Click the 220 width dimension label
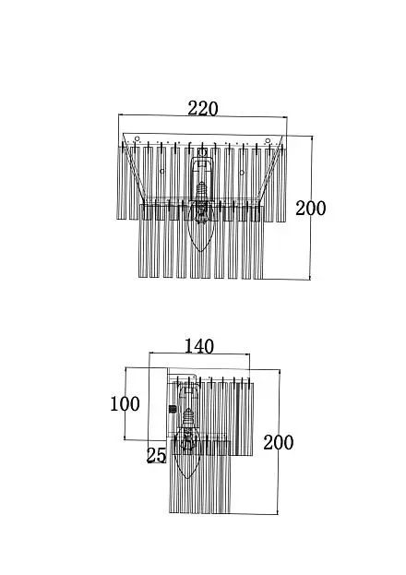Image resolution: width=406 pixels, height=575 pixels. (203, 109)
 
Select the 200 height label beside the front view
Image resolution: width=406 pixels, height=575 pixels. (311, 209)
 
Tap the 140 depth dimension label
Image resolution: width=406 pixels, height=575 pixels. (198, 346)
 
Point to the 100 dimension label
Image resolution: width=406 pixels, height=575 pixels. (125, 403)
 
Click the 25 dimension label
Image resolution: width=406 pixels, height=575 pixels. (156, 455)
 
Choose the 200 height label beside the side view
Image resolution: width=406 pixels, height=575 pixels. (279, 442)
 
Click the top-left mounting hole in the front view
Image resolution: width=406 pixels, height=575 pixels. (137, 138)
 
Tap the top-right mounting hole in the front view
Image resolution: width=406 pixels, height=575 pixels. (268, 141)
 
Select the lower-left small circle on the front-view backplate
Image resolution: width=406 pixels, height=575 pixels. (162, 172)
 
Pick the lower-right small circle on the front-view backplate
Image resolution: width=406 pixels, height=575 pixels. (242, 173)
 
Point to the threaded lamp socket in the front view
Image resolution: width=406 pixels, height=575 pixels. (201, 191)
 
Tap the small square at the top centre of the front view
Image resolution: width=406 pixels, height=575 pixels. (202, 152)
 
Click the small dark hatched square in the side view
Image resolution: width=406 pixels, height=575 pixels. (172, 409)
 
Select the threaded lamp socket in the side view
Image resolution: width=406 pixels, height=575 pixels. (188, 417)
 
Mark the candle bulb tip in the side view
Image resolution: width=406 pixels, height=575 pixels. (187, 477)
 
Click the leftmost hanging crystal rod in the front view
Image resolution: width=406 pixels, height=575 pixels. (120, 182)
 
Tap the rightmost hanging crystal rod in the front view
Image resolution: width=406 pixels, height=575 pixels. (281, 183)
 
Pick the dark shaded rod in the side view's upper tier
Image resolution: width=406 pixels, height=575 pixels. (238, 418)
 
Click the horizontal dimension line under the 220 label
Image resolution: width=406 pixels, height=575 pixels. (203, 116)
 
